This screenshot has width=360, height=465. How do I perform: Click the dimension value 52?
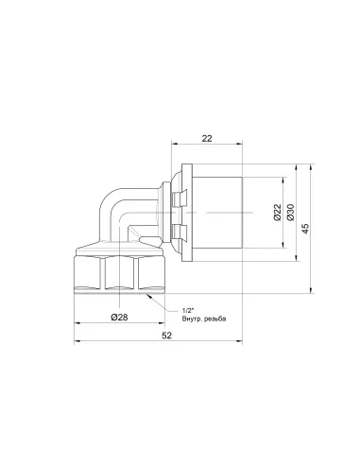(167, 336)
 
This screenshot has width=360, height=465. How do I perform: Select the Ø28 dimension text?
(119, 318)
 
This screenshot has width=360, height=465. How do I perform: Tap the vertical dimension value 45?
(305, 229)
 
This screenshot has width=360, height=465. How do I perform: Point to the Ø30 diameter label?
(290, 212)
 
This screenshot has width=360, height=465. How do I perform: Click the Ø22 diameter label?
(277, 212)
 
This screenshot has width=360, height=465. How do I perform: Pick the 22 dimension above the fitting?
(207, 138)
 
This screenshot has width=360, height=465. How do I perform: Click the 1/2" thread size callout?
(187, 311)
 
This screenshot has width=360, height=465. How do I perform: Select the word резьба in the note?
(215, 319)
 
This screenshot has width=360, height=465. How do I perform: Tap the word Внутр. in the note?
(192, 319)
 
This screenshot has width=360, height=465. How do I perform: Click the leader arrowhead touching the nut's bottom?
(149, 296)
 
